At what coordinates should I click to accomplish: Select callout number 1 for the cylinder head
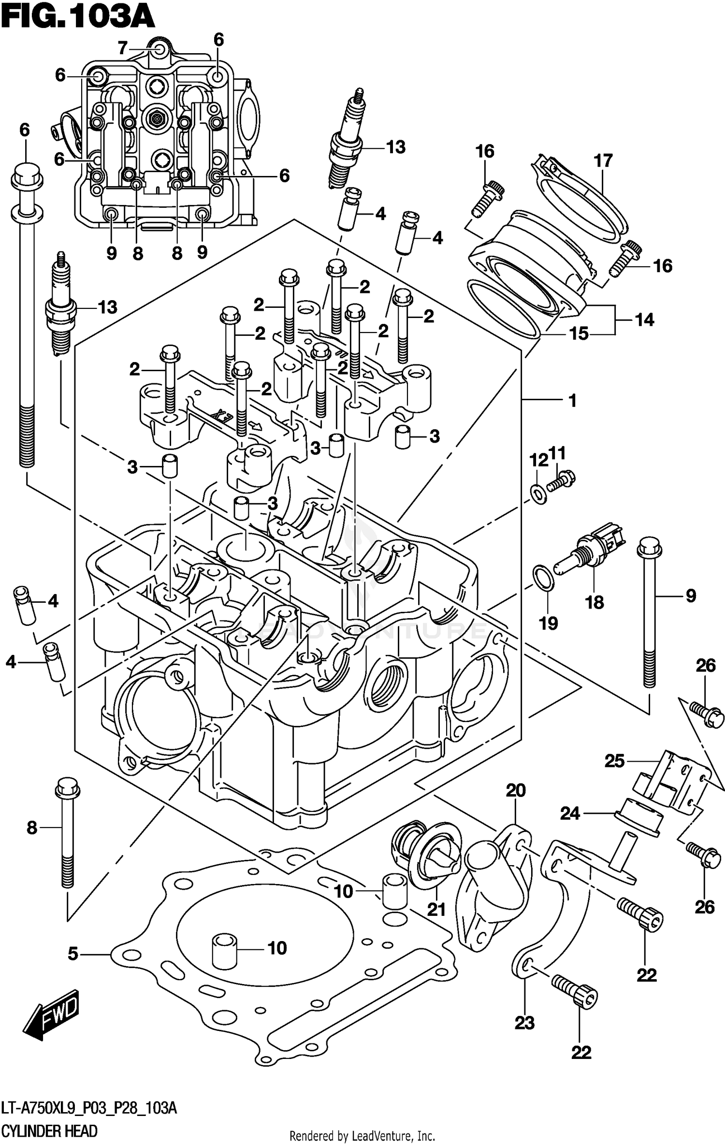click(x=572, y=400)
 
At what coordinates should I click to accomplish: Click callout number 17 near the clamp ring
click(x=603, y=160)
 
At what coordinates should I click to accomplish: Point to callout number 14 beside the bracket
click(x=644, y=319)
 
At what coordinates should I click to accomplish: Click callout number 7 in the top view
click(x=122, y=48)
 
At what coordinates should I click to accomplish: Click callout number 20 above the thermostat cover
click(x=516, y=790)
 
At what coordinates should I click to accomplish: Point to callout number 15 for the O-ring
click(x=579, y=333)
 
